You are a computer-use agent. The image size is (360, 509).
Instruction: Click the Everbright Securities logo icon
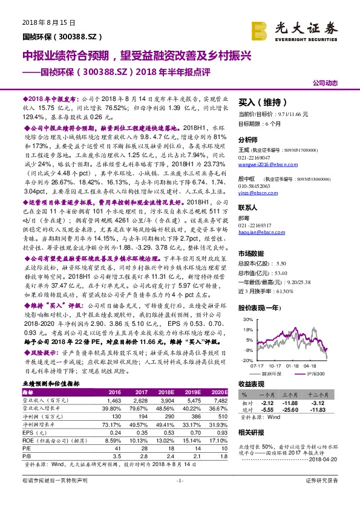261,29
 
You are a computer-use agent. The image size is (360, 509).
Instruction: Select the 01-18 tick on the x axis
292,365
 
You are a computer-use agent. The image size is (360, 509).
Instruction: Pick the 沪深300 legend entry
315,375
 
